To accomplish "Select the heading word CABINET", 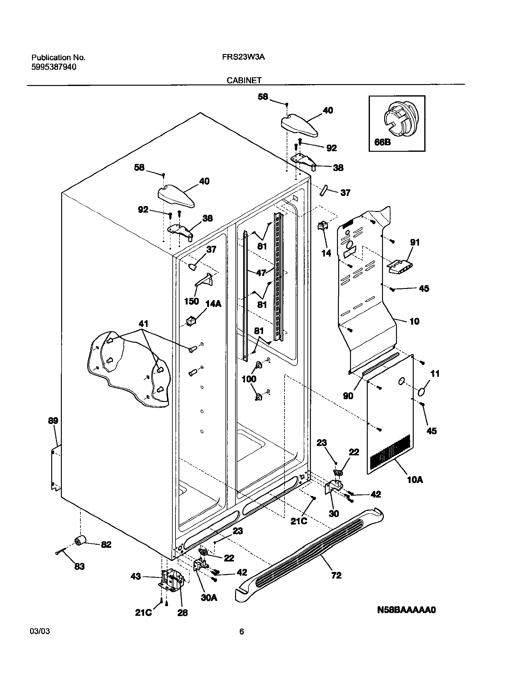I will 244,80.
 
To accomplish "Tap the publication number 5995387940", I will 54,67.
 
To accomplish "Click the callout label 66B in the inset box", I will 382,142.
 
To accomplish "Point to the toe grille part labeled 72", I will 311,562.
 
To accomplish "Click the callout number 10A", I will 415,480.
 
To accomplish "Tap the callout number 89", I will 53,421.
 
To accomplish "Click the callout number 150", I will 191,301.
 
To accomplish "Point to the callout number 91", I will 415,242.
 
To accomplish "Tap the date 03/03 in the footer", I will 40,631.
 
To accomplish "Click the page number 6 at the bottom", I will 242,632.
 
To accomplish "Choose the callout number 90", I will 348,396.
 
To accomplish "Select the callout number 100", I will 249,379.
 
